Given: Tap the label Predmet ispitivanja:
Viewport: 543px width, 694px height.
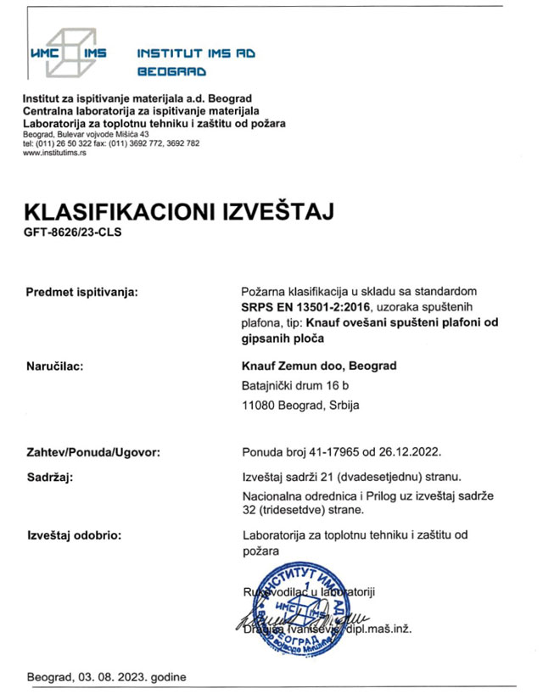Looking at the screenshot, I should (x=82, y=293).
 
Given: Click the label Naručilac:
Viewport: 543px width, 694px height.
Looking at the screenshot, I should (x=59, y=367).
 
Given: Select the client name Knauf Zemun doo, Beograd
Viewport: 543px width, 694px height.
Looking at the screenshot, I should (x=319, y=367).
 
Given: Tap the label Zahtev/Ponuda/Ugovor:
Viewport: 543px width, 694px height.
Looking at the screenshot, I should (x=93, y=454).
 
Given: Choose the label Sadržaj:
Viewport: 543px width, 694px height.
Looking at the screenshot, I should (x=51, y=479).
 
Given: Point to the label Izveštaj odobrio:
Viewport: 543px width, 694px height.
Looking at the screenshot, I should (x=75, y=535).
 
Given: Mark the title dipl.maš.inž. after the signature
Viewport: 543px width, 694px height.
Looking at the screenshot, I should (x=382, y=629).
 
